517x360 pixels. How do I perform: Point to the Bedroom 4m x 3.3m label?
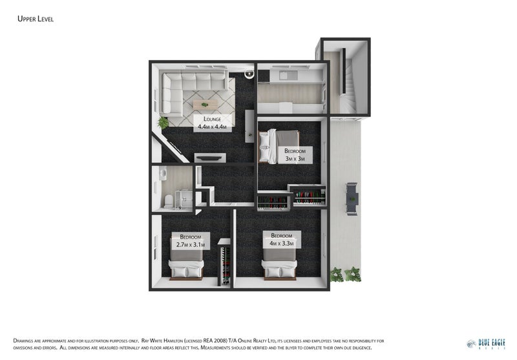(x=281, y=239)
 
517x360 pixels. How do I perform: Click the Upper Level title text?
(x=35, y=19)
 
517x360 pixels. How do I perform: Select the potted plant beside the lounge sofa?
(x=163, y=122)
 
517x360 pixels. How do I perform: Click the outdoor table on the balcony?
(x=352, y=198)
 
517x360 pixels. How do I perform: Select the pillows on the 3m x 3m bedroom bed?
(x=265, y=147)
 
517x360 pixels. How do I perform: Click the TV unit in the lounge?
(x=211, y=156)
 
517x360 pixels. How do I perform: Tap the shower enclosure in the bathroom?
(x=184, y=200)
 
